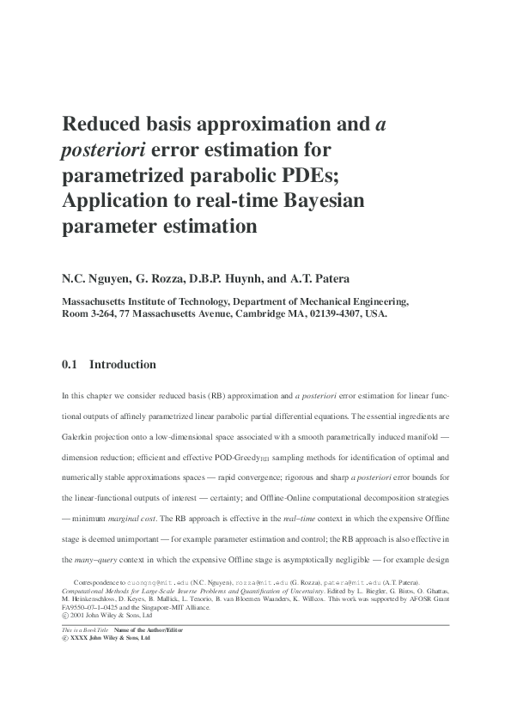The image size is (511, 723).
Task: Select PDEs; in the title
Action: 340,176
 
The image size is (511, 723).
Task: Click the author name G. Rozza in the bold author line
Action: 178,280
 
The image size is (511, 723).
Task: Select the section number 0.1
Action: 70,364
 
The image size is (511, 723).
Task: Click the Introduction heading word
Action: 123,364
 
